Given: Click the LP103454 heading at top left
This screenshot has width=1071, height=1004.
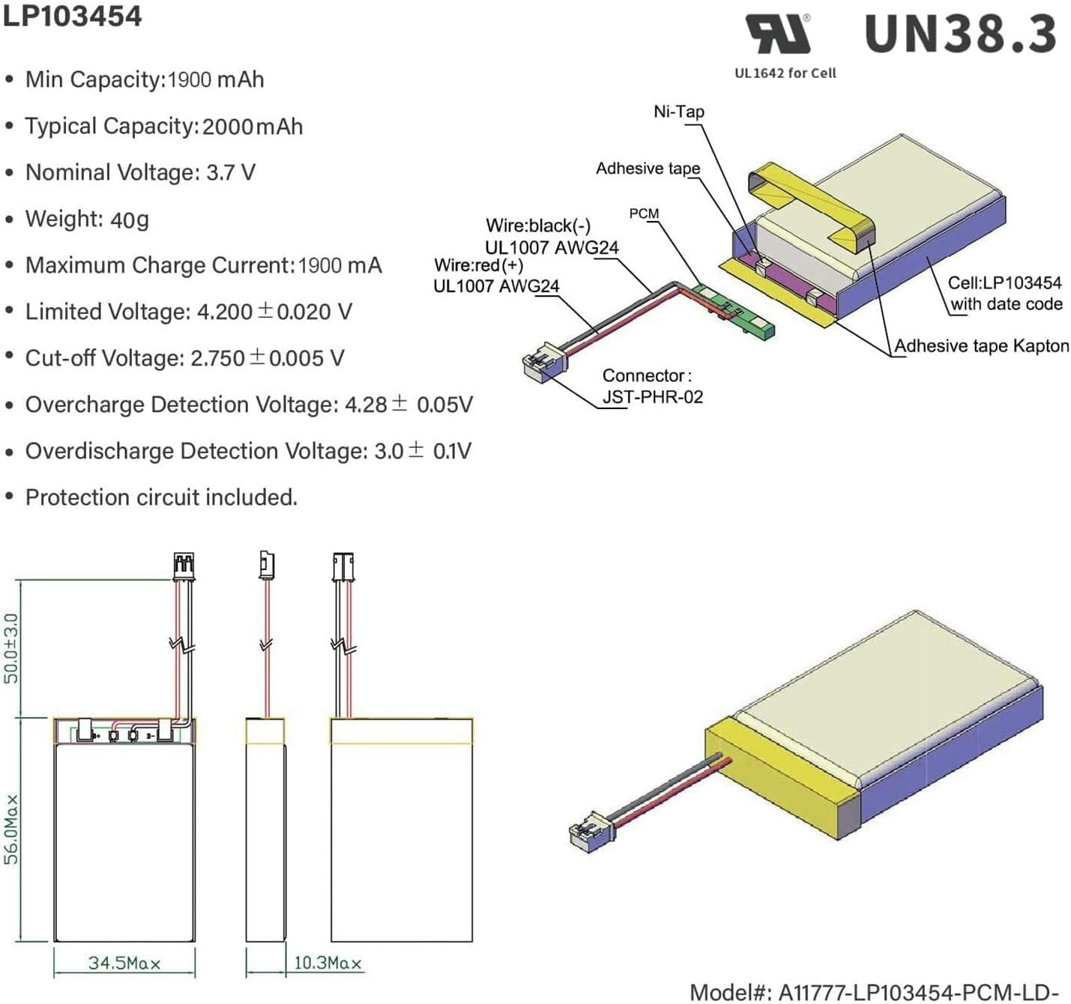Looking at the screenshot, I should [x=72, y=16].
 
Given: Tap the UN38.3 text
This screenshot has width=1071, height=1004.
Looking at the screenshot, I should [x=960, y=34].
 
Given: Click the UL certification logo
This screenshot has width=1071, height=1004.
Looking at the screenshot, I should [x=779, y=34].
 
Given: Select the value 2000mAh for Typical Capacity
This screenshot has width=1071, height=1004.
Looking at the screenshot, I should [x=253, y=127].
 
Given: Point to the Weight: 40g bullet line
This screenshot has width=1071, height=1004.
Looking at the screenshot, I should [x=87, y=220].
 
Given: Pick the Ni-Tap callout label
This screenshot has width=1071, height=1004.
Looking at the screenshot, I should [x=679, y=112].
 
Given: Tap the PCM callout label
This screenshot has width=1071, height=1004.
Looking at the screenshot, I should [x=644, y=214].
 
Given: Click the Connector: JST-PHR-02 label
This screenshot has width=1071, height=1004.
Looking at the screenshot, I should [x=652, y=386].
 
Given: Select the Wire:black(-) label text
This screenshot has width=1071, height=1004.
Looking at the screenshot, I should [x=538, y=226].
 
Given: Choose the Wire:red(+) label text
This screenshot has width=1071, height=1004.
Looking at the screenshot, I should [x=479, y=265].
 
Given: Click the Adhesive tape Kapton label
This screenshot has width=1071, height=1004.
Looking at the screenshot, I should [x=981, y=346].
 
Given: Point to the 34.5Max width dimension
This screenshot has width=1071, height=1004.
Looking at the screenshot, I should [x=124, y=963].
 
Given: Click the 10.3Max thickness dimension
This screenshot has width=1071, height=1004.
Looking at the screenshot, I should [x=328, y=963].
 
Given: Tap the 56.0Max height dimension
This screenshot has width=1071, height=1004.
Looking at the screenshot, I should [x=12, y=830].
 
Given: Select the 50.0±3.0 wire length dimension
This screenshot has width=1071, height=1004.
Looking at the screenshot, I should [x=12, y=648].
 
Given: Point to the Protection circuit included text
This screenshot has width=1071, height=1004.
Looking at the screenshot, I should [x=161, y=498].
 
